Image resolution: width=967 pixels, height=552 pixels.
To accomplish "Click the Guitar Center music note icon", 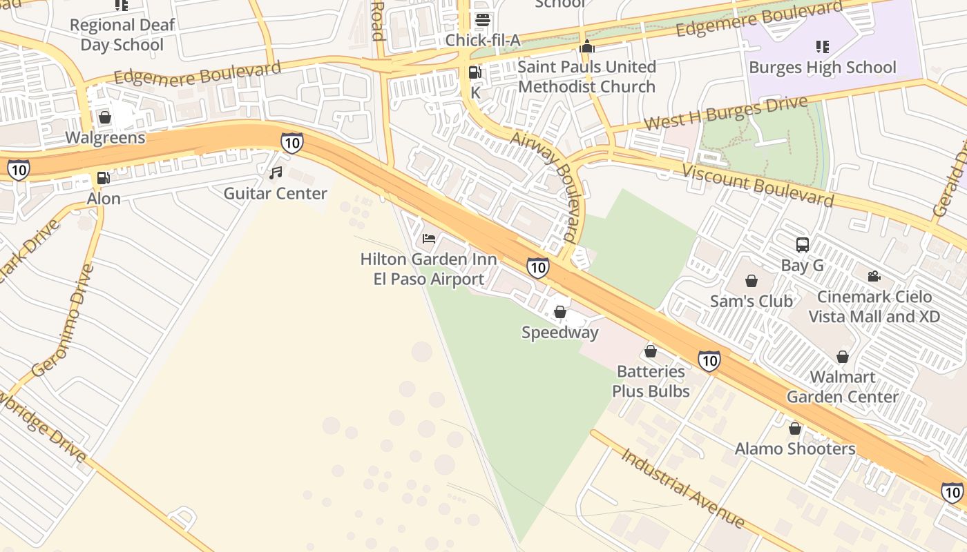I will point(276,172).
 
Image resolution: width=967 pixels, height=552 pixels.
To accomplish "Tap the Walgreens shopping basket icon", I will point(105,117).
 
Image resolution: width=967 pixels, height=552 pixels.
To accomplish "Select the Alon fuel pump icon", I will point(103,178).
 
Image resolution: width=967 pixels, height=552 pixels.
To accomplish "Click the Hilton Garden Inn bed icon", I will point(429,239).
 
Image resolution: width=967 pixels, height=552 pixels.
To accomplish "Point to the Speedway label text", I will point(559,333).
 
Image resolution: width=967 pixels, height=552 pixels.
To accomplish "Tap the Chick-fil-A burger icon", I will point(482,19).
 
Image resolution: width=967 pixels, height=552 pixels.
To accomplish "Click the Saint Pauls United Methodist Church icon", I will point(587,46).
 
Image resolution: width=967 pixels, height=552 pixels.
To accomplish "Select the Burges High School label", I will point(822,68).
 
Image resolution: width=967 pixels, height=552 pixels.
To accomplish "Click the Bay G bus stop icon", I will point(802,244).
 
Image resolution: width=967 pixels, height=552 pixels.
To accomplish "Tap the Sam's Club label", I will point(751,302).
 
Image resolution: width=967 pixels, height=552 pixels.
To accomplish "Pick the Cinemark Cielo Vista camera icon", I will point(874,277).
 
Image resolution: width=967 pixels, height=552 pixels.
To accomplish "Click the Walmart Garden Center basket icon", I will point(842,357).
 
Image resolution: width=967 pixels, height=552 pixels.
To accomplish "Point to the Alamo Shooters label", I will point(794,449).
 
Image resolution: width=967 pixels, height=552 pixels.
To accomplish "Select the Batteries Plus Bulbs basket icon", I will point(650,351).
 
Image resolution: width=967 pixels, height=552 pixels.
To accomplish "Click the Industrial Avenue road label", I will point(682,488).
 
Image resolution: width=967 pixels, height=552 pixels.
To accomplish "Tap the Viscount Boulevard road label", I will point(758,185).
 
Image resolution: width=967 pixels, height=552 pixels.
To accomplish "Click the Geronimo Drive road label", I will point(62,320).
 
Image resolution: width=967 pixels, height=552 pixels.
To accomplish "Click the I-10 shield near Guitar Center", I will point(291,143).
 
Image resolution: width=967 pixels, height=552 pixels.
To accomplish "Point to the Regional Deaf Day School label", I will point(122,35).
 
